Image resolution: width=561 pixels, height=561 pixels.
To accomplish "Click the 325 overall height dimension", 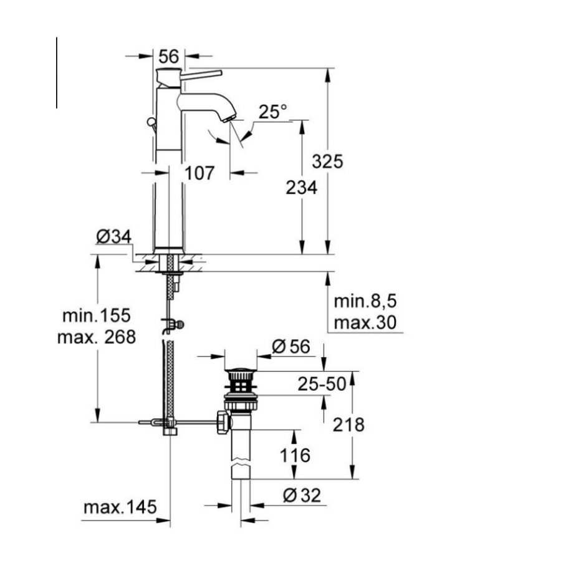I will tap(328, 161).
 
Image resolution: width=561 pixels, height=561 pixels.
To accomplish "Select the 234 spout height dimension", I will tap(302, 187).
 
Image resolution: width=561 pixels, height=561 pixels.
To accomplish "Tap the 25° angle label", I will tap(273, 112).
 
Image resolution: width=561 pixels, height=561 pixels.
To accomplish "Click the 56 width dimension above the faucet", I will tap(169, 57).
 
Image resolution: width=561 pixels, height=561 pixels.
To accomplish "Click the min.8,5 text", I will tap(365, 302).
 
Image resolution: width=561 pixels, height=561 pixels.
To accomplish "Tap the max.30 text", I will tap(365, 323).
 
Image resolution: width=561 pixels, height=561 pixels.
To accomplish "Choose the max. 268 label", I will tap(97, 337).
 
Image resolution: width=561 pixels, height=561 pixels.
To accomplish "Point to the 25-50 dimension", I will tap(322, 385).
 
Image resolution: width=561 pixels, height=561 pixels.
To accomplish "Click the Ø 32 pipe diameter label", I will tap(302, 496).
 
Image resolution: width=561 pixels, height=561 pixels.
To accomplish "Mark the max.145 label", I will tap(120, 507).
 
